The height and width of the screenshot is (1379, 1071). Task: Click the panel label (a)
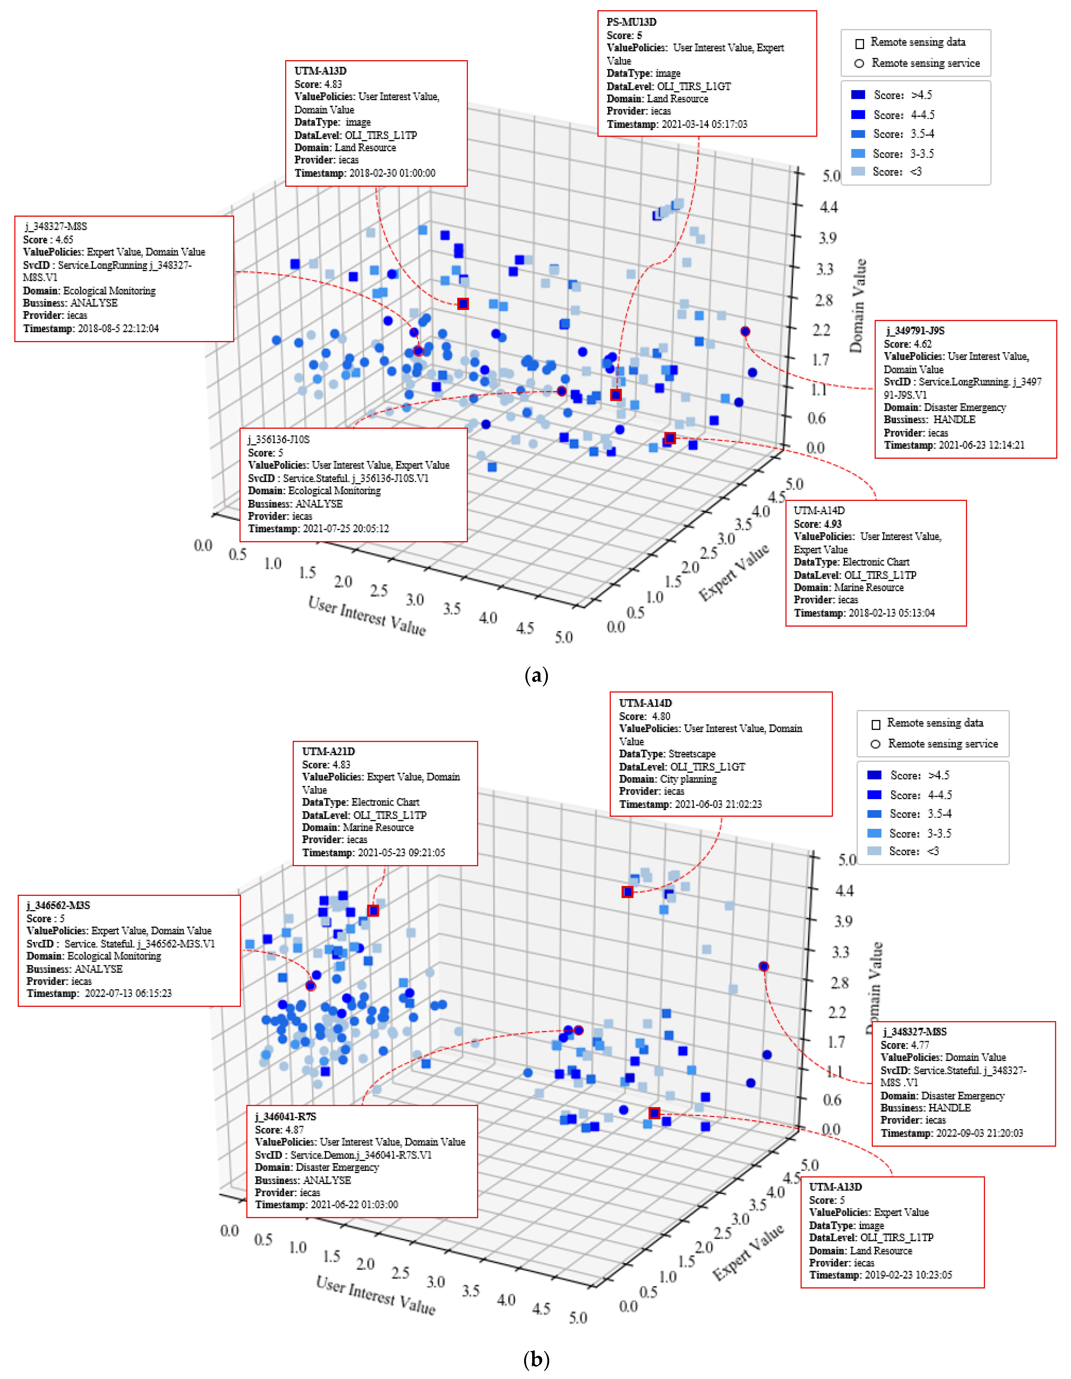pyautogui.click(x=536, y=676)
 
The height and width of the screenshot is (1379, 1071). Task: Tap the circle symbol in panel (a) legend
pyautogui.click(x=859, y=63)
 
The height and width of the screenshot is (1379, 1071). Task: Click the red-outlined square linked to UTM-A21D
pyautogui.click(x=373, y=910)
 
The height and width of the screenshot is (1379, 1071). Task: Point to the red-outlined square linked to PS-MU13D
pyautogui.click(x=615, y=395)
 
